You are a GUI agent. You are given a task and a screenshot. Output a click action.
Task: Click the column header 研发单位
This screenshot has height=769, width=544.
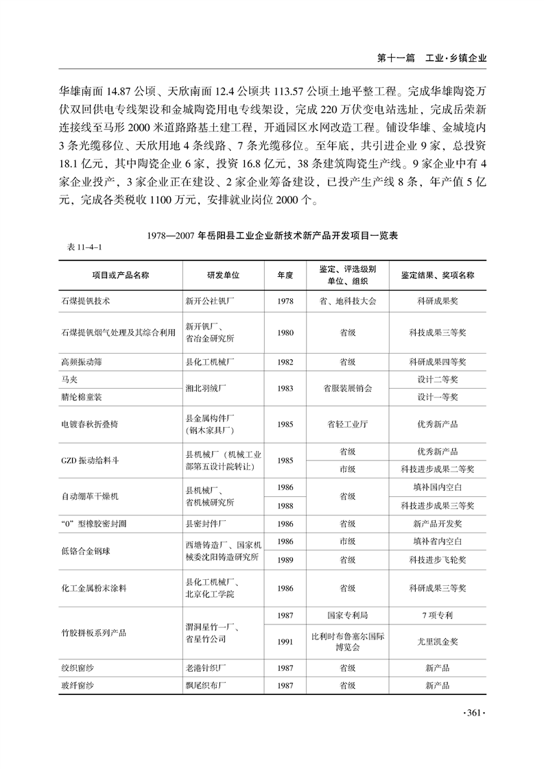tap(223, 275)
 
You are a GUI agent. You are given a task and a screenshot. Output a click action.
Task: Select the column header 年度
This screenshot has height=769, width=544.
tap(285, 275)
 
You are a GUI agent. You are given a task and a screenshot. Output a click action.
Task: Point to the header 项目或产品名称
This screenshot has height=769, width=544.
tap(121, 275)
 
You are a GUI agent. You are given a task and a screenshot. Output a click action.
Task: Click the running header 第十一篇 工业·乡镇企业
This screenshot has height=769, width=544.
tap(431, 59)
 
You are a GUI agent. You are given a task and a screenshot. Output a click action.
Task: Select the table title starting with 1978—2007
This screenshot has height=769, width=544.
tap(272, 235)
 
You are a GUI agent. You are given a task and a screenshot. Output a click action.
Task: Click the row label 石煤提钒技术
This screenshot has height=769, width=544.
tap(86, 300)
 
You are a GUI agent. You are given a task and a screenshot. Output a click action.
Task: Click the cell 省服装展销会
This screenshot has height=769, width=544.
tap(347, 388)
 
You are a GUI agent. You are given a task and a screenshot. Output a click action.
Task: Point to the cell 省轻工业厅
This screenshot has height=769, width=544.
tap(347, 424)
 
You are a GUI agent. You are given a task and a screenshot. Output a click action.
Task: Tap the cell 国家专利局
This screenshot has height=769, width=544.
tap(347, 615)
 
